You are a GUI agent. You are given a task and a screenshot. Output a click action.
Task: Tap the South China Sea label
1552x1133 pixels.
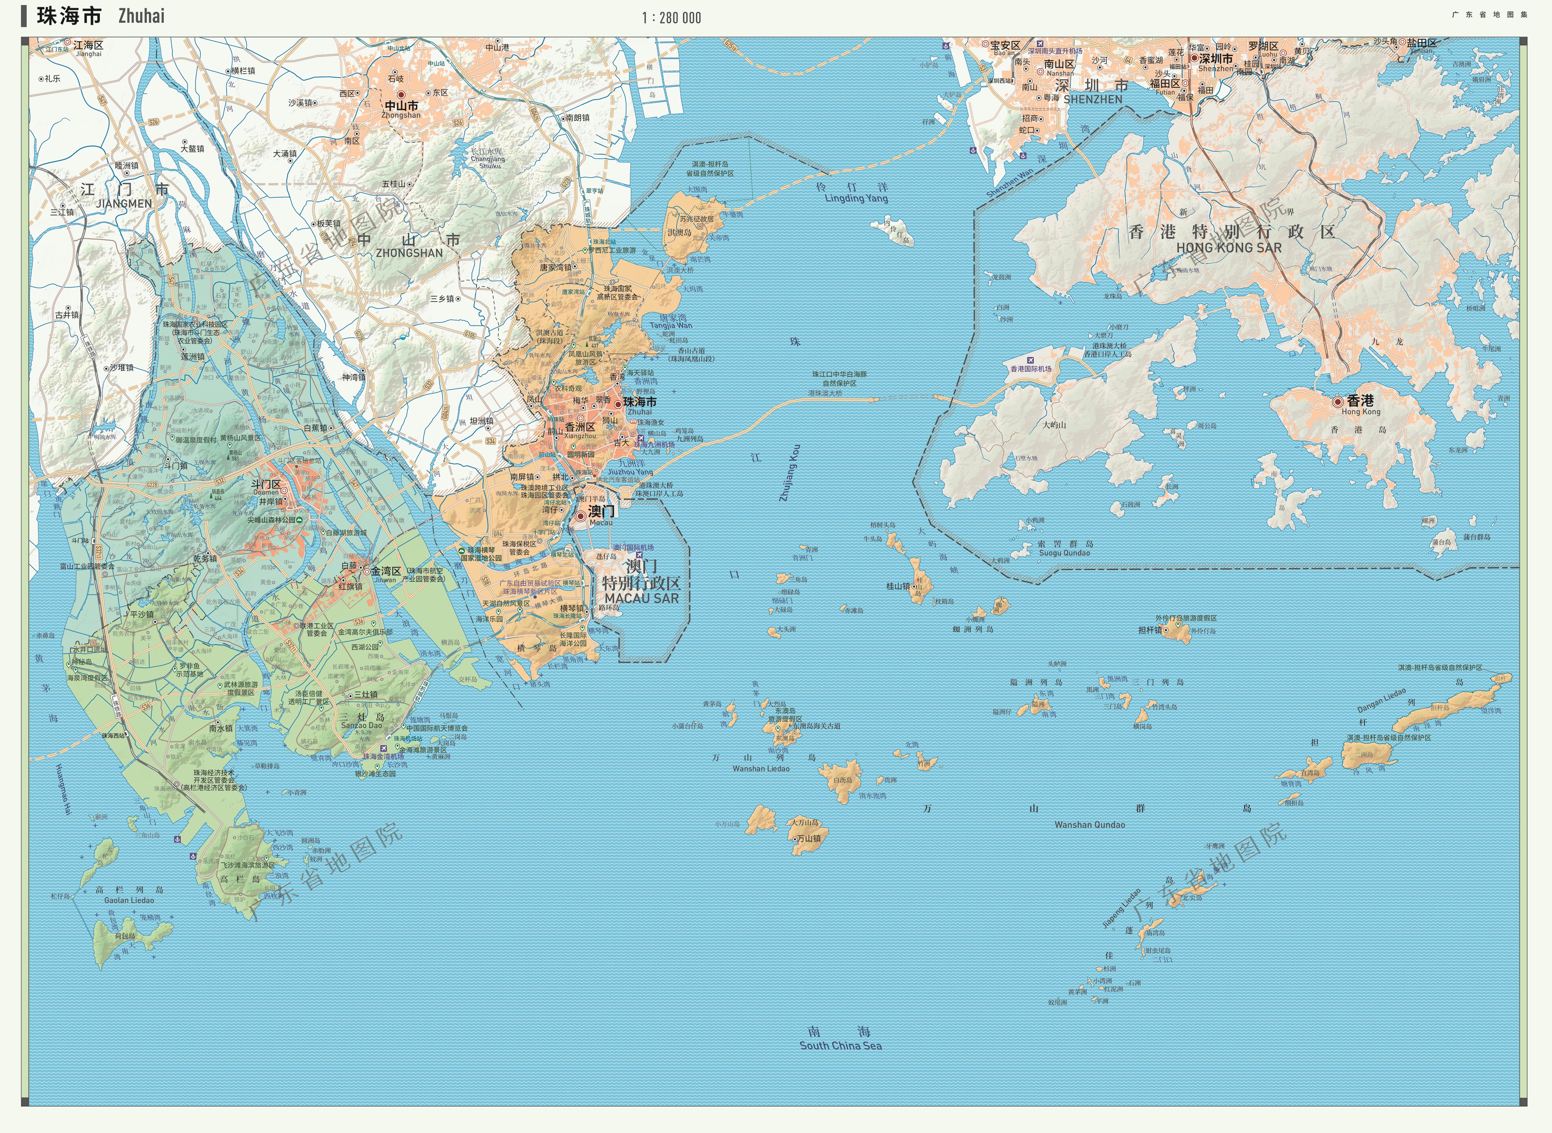[840, 1045]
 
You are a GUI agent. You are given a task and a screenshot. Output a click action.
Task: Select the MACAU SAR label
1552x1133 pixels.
[641, 598]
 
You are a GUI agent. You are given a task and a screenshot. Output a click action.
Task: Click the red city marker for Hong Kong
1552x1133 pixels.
[1337, 401]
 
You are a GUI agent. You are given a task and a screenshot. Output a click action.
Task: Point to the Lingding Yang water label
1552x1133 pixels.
[856, 198]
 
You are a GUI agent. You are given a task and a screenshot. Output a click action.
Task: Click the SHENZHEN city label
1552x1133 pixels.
[1093, 99]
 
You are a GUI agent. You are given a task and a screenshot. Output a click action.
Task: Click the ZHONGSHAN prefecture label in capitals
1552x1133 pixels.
[409, 253]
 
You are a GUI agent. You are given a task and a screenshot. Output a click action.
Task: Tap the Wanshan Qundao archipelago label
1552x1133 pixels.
[1090, 824]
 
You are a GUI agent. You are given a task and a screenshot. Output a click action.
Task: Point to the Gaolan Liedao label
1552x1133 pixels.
[129, 900]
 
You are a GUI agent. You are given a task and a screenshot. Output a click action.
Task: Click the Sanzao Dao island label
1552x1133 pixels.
[362, 725]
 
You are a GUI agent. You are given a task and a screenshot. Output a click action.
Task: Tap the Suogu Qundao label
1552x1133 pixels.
[1064, 553]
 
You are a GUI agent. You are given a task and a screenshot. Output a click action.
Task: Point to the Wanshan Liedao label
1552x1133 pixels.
[761, 769]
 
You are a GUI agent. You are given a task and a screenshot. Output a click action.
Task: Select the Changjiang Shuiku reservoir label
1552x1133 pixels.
[488, 162]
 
